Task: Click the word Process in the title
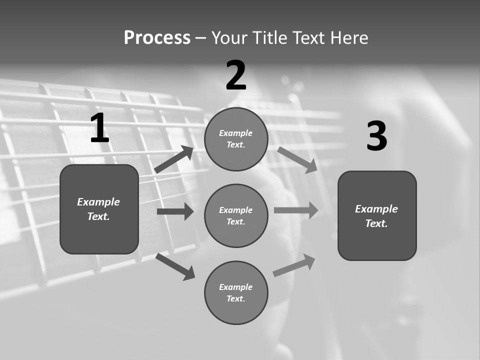pyautogui.click(x=157, y=38)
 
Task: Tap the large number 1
pyautogui.click(x=99, y=128)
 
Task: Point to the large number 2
pyautogui.click(x=236, y=75)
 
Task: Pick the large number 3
pyautogui.click(x=376, y=136)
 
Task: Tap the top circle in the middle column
pyautogui.click(x=236, y=139)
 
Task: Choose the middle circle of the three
pyautogui.click(x=236, y=215)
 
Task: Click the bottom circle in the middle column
pyautogui.click(x=236, y=292)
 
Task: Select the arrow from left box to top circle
pyautogui.click(x=174, y=159)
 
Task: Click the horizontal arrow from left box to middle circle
pyautogui.click(x=175, y=211)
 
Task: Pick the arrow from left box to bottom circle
pyautogui.click(x=175, y=266)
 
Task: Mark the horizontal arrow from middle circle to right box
pyautogui.click(x=296, y=210)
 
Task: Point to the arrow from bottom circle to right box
pyautogui.click(x=294, y=265)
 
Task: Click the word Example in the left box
pyautogui.click(x=98, y=202)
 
